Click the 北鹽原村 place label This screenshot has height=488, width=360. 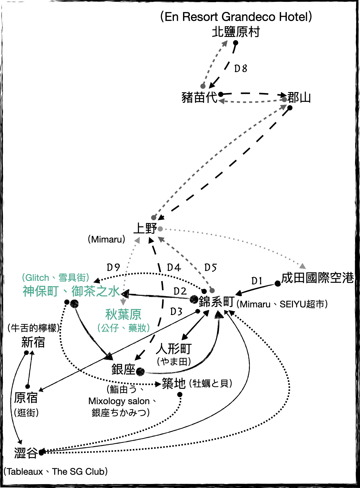(x=236, y=32)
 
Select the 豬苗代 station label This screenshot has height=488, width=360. (x=199, y=98)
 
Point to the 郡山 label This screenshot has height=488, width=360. (x=299, y=98)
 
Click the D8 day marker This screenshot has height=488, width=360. (x=241, y=69)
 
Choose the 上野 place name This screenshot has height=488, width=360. (x=145, y=228)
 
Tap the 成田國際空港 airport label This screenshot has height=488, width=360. (x=317, y=278)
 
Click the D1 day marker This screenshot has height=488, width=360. (x=257, y=281)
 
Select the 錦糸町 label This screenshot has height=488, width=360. (x=217, y=302)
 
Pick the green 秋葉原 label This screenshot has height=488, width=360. (x=123, y=314)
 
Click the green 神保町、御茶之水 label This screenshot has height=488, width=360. (x=71, y=291)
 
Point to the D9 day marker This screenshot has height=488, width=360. (x=113, y=267)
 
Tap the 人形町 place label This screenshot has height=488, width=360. (x=174, y=349)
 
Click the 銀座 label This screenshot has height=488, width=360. (x=123, y=370)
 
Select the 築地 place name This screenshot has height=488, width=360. (x=174, y=383)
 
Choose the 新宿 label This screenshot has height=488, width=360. (x=33, y=343)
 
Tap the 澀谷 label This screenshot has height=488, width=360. (x=26, y=453)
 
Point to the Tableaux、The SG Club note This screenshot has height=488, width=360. (x=56, y=472)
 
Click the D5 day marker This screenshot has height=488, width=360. (x=211, y=268)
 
